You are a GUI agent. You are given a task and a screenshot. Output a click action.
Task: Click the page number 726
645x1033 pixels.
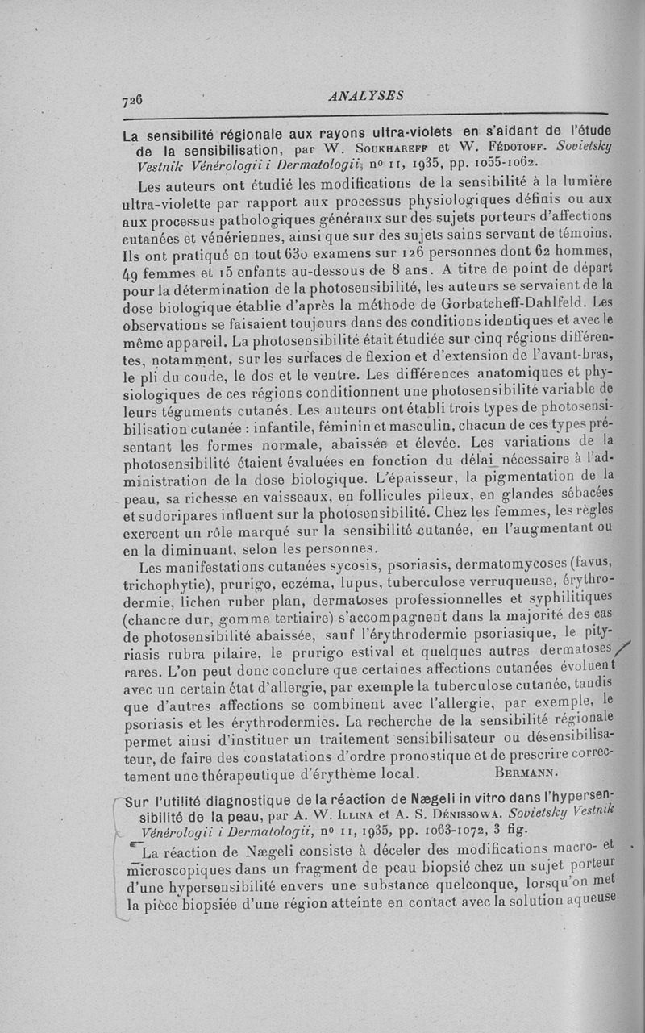coord(131,100)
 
